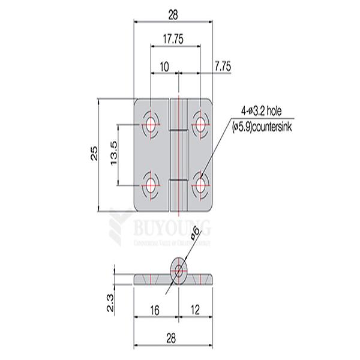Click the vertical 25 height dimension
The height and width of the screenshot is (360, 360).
(x=94, y=155)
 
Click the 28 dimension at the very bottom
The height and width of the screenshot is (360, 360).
(x=173, y=339)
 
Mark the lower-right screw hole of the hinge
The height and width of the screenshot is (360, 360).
(x=200, y=182)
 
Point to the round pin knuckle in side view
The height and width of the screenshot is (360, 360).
(x=178, y=269)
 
